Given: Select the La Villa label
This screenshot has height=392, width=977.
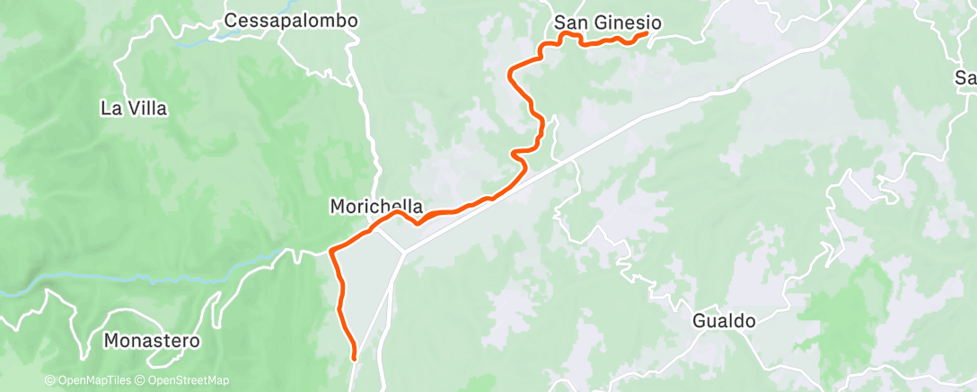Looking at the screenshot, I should (134, 109).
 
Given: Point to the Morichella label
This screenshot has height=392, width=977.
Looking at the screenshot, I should (376, 207).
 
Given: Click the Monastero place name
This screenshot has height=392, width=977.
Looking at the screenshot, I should (152, 342).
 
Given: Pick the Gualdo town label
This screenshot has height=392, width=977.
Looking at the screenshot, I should (724, 321).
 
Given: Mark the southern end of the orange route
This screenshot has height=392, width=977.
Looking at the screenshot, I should (354, 359).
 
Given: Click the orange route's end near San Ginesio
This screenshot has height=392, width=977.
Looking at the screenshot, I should (647, 33).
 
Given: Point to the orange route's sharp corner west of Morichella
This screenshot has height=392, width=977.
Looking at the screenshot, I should (332, 249).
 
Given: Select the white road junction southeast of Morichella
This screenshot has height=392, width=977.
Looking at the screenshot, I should (403, 251).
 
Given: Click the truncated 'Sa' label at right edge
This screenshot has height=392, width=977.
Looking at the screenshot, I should (966, 79).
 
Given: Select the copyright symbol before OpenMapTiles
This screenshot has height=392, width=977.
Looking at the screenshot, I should (49, 380).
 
